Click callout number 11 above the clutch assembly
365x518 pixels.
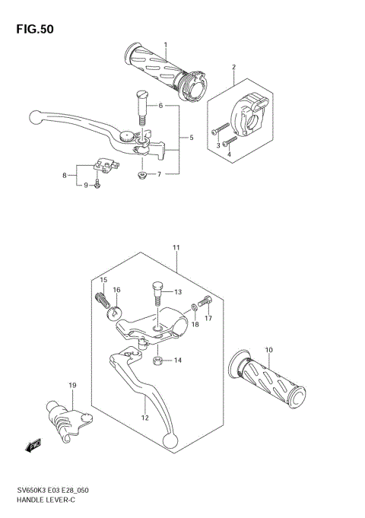click(x=176, y=248)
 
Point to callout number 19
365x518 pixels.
click(x=71, y=386)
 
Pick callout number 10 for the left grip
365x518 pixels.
click(x=268, y=350)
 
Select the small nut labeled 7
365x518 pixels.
click(x=141, y=176)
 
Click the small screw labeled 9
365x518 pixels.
click(x=97, y=185)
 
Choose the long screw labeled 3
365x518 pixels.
click(x=221, y=129)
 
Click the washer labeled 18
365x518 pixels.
click(x=194, y=307)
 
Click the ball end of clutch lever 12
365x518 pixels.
click(x=173, y=446)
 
